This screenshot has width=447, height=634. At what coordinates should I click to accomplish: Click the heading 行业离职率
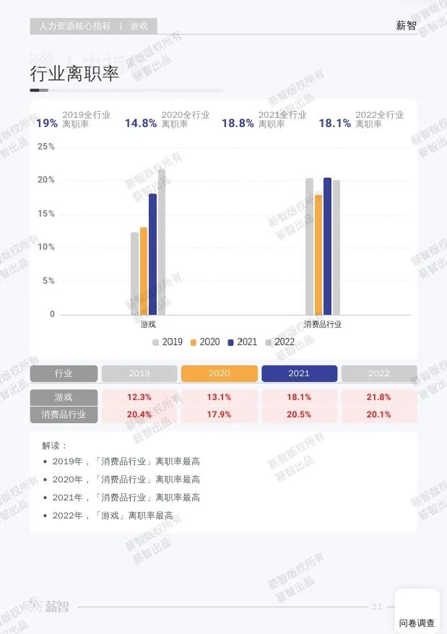click(74, 74)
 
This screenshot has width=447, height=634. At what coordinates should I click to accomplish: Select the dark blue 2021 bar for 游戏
click(152, 253)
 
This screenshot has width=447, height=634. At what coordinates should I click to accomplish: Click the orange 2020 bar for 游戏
click(144, 271)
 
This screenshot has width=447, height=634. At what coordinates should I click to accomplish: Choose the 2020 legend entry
click(205, 342)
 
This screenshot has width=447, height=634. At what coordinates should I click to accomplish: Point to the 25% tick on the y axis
click(46, 147)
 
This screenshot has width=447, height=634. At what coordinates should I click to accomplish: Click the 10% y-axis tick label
click(46, 248)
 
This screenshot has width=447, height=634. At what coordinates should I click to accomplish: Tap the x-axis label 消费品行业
click(323, 325)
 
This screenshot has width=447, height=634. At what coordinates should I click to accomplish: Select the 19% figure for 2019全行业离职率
click(47, 123)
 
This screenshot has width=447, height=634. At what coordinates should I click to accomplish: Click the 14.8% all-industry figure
click(141, 123)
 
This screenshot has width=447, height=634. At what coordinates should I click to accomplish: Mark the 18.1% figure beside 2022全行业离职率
click(335, 123)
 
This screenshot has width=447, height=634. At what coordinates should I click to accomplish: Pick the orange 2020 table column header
click(219, 373)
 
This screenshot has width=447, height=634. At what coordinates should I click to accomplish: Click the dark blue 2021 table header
click(299, 373)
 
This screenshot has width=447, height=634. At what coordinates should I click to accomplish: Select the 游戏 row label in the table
click(64, 397)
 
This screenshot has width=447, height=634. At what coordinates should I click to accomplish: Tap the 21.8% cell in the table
click(378, 397)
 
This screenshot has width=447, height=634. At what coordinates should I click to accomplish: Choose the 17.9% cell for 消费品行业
click(219, 414)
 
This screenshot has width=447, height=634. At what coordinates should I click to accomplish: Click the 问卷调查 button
click(417, 622)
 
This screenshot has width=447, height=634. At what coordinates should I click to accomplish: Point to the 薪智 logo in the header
click(406, 26)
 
